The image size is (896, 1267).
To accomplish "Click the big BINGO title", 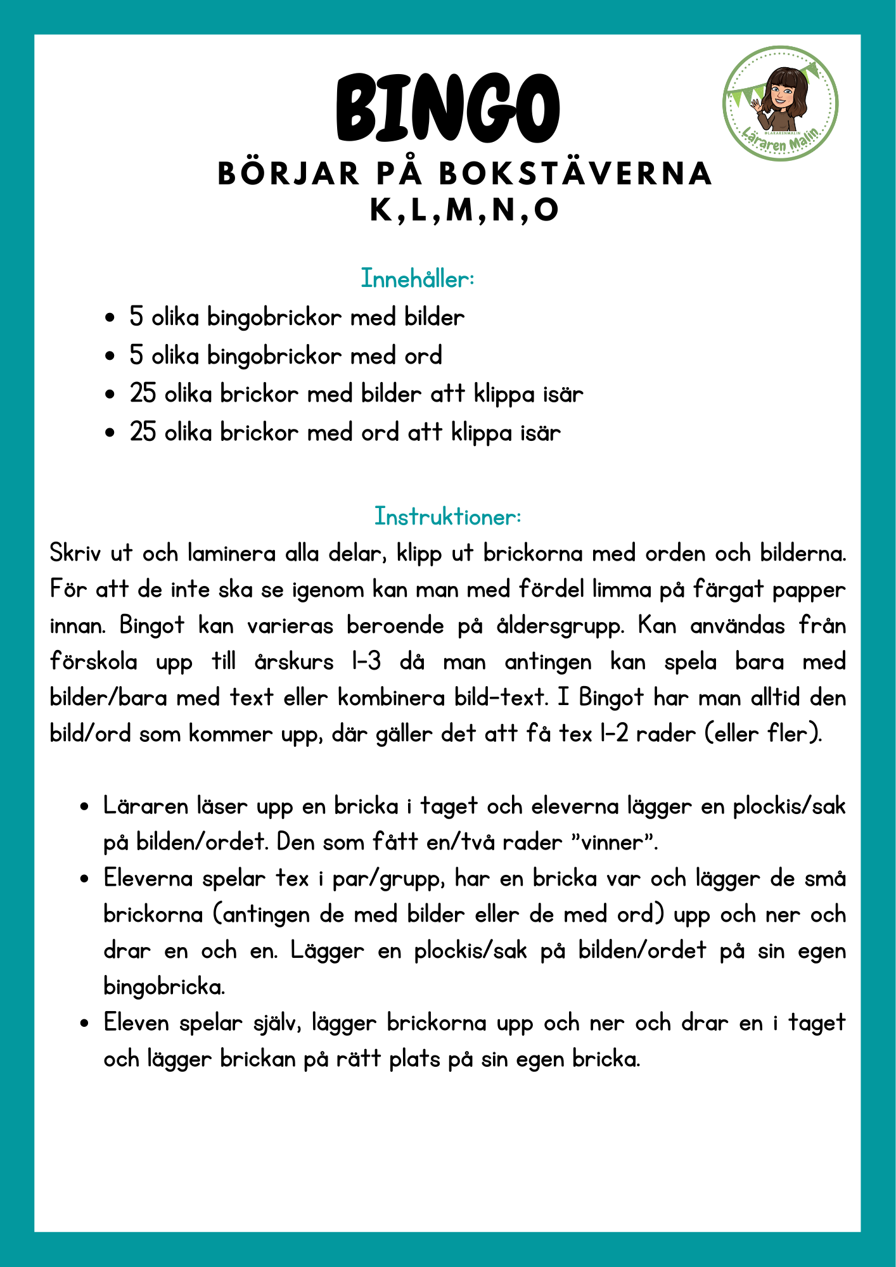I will [x=447, y=109].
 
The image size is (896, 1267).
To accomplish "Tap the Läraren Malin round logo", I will [x=781, y=103].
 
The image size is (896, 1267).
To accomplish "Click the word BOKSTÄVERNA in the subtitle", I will [x=576, y=174].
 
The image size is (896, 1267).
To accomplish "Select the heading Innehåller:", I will [x=418, y=279].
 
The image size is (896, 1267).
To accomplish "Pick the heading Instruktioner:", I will [x=447, y=516].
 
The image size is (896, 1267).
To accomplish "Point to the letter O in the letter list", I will [x=546, y=210].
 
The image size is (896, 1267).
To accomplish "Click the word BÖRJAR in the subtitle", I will [x=288, y=174].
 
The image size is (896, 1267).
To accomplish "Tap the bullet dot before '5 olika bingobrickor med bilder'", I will [x=110, y=317].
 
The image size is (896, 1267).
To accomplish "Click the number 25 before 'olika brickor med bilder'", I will [x=143, y=394].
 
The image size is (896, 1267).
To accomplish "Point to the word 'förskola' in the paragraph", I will [x=93, y=662].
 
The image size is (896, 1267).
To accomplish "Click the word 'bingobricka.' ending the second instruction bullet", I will [x=164, y=987].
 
